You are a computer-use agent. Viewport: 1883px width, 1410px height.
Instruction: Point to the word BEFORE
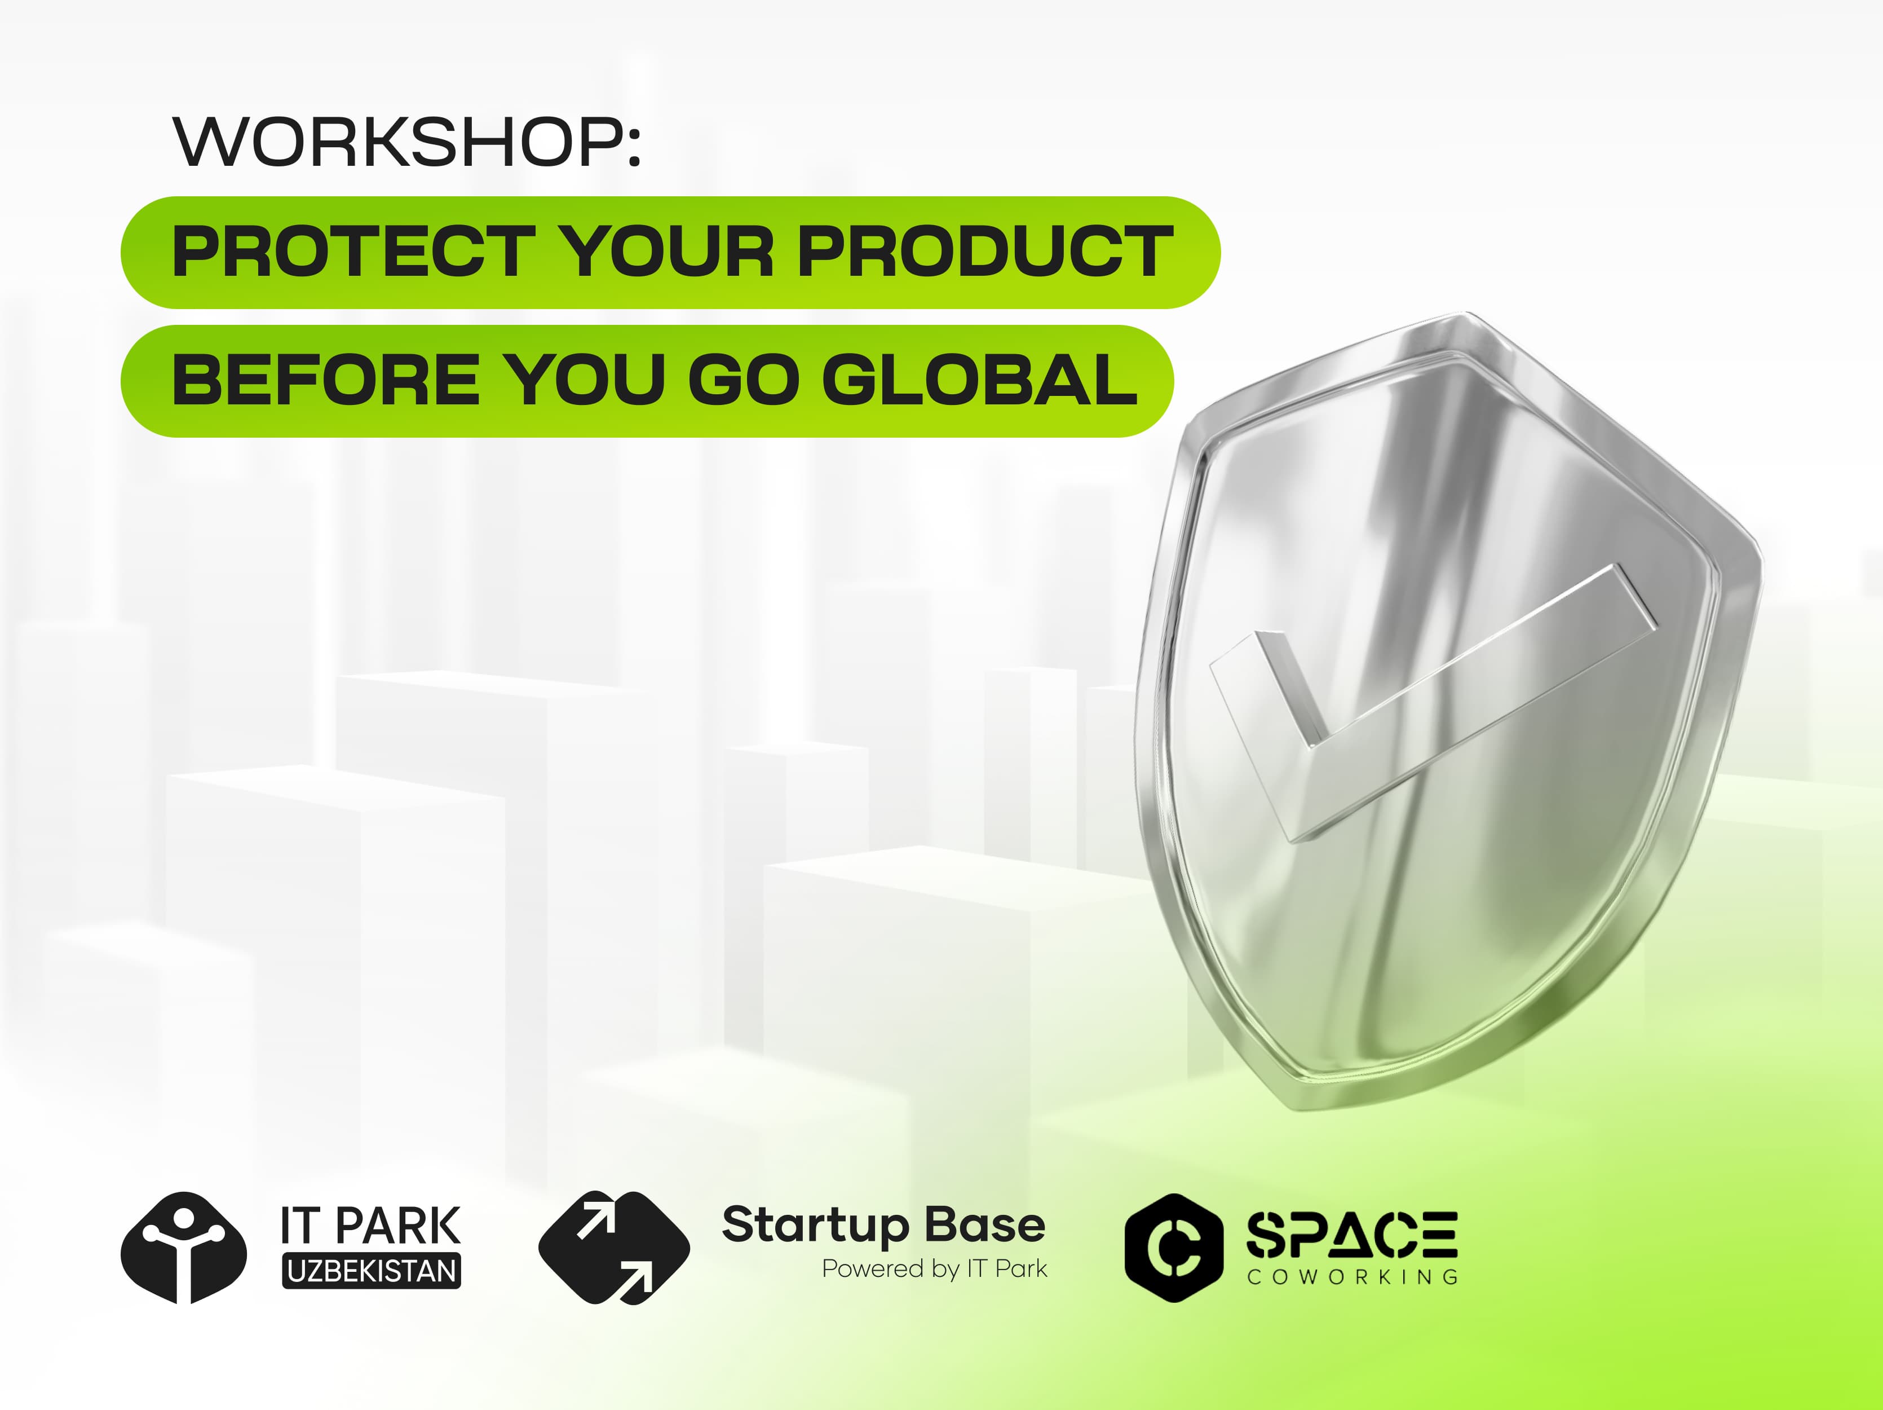[x=326, y=380]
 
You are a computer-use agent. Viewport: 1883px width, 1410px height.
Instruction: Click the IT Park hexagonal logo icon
[x=184, y=1248]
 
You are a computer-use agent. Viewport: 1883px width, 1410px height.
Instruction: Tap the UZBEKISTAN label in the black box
[x=371, y=1270]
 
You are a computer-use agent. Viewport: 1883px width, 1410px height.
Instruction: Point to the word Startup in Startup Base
[x=816, y=1227]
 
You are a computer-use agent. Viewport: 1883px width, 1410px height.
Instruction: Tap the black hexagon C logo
[x=1174, y=1248]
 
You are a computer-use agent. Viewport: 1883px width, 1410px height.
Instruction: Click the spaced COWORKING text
[x=1352, y=1277]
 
